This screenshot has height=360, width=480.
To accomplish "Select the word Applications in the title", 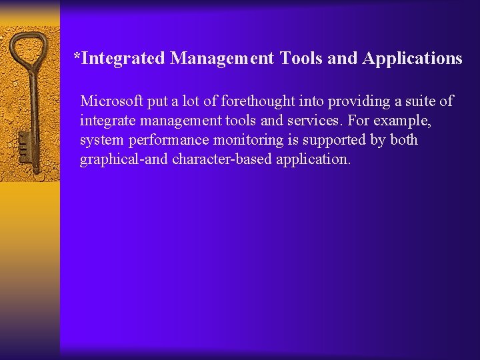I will (x=412, y=59).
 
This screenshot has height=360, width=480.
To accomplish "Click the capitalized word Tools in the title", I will (x=301, y=59).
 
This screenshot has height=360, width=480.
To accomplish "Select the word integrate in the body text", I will (x=107, y=121).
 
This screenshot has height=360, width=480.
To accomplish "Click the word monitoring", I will (x=243, y=140).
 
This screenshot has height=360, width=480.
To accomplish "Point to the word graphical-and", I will (x=123, y=160).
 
